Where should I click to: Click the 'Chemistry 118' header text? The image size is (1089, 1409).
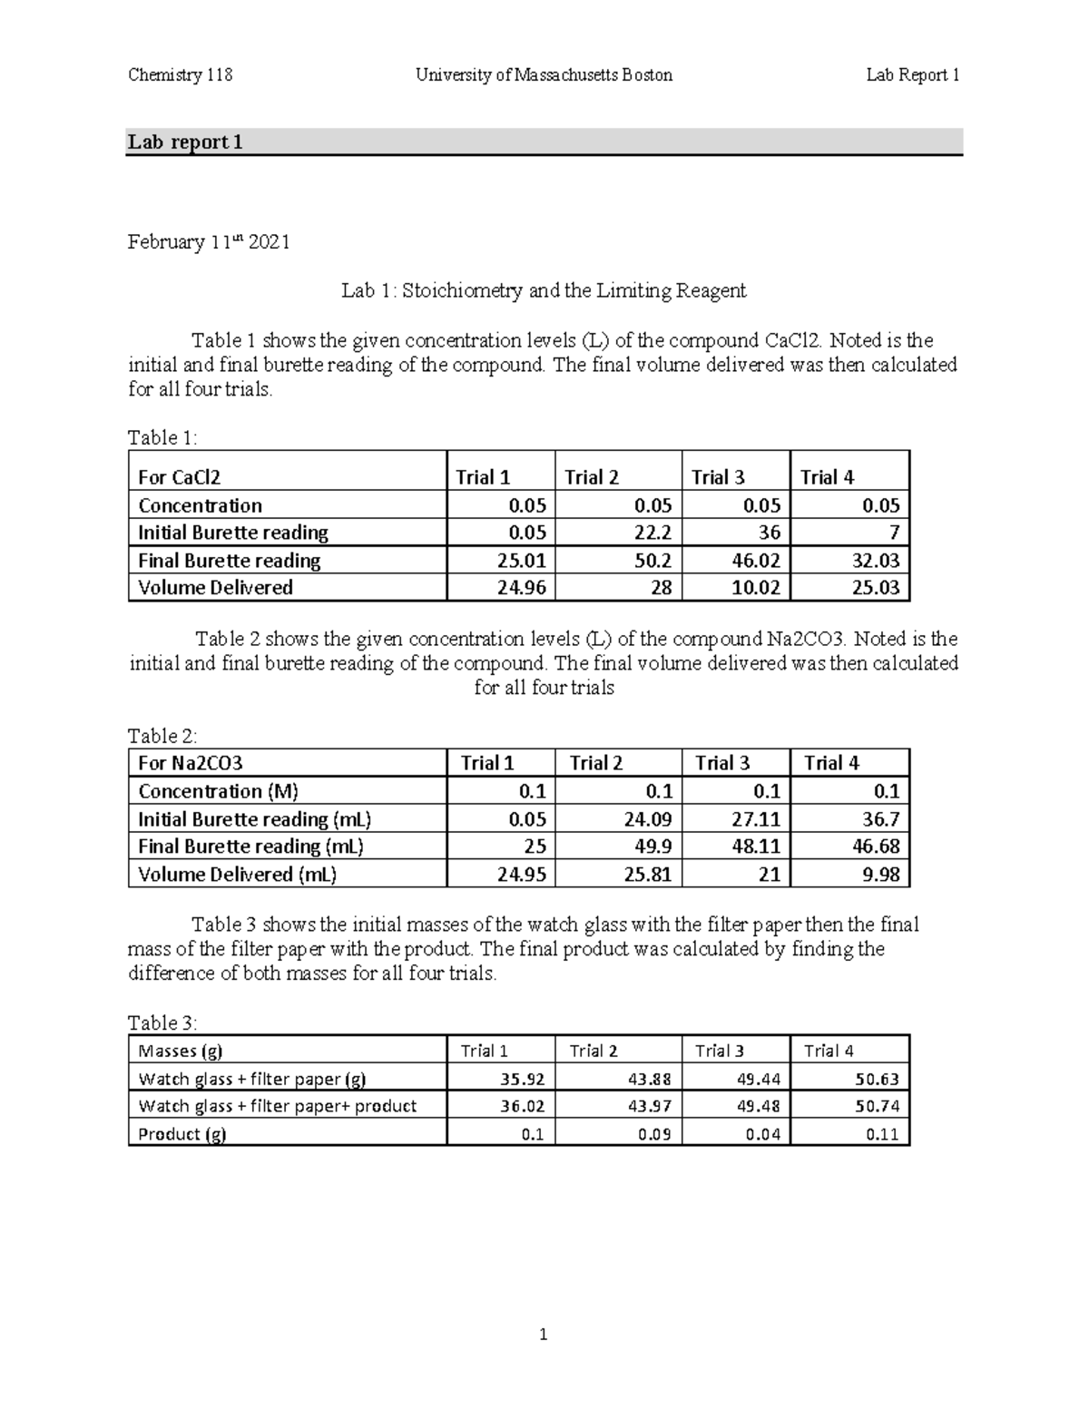pyautogui.click(x=180, y=75)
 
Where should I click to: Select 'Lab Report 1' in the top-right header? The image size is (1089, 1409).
pyautogui.click(x=912, y=75)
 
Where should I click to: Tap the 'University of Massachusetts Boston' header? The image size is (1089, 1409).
pyautogui.click(x=544, y=75)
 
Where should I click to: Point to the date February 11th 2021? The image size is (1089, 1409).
pyautogui.click(x=209, y=242)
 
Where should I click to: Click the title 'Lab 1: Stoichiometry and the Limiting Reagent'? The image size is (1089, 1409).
pyautogui.click(x=544, y=291)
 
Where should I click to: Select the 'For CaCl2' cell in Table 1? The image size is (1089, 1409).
pyautogui.click(x=180, y=477)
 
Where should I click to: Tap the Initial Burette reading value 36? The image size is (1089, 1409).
pyautogui.click(x=769, y=533)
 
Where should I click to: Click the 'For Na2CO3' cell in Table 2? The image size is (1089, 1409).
pyautogui.click(x=191, y=763)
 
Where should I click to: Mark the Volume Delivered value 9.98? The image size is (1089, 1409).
pyautogui.click(x=879, y=875)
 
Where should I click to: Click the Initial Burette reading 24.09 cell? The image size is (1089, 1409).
pyautogui.click(x=647, y=819)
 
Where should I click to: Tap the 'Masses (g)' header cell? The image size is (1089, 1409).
pyautogui.click(x=180, y=1051)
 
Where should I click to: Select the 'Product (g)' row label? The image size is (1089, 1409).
pyautogui.click(x=181, y=1134)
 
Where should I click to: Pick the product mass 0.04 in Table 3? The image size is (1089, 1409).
pyautogui.click(x=762, y=1134)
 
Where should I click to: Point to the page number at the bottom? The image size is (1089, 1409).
pyautogui.click(x=544, y=1334)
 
